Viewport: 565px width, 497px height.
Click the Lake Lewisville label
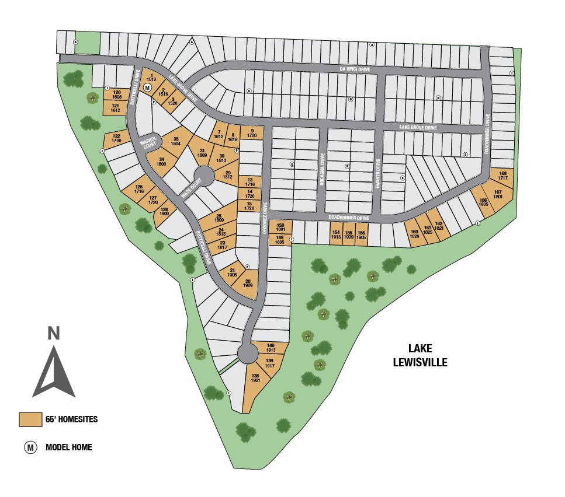point(420,355)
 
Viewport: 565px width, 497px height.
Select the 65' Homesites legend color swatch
point(29,419)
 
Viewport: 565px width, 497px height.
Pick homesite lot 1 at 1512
point(151,78)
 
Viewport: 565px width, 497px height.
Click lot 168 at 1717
point(503,176)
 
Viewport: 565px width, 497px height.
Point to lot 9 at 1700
point(251,133)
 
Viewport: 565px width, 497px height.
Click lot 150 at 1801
point(280,227)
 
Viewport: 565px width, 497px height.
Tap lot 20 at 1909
point(247,284)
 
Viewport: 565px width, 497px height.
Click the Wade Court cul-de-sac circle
point(204,174)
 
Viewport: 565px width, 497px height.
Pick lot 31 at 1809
point(202,153)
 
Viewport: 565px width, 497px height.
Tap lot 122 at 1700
point(116,139)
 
